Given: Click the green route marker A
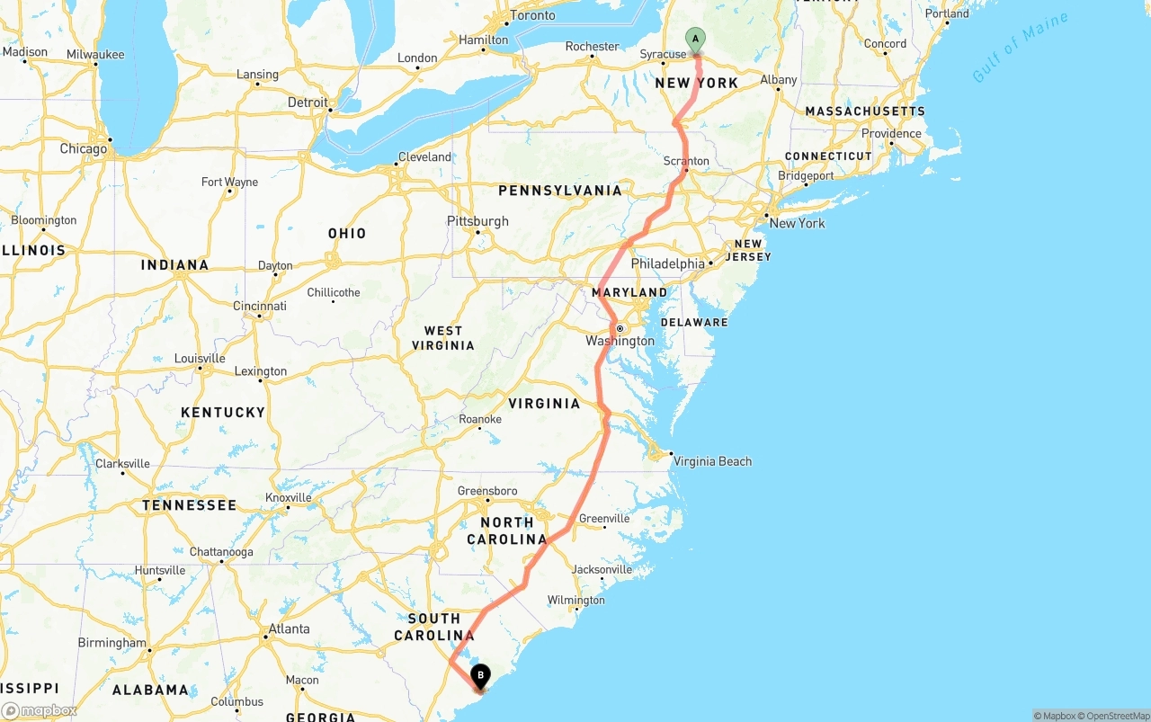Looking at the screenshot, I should [x=695, y=40].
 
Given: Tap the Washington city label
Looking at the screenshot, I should [x=620, y=341].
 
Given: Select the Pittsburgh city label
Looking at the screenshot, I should [x=477, y=221].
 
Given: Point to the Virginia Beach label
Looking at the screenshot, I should [x=712, y=461].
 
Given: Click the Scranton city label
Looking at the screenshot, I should [x=686, y=161].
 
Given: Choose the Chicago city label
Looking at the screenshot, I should [x=84, y=148].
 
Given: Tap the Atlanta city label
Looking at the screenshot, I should [x=290, y=628].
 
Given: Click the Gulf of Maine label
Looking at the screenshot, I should [x=1020, y=48].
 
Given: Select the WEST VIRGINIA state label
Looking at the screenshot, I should [x=443, y=338].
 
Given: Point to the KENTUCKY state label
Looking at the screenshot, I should [x=223, y=412].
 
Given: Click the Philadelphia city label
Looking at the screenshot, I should [x=668, y=263].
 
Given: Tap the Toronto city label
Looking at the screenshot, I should [x=532, y=15].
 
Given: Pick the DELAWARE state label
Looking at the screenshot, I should [x=694, y=322].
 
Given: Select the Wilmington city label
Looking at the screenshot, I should [x=575, y=600].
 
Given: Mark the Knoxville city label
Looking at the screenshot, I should [x=289, y=497].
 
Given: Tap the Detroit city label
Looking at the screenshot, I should [x=308, y=103].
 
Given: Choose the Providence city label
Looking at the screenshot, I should [x=891, y=134].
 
